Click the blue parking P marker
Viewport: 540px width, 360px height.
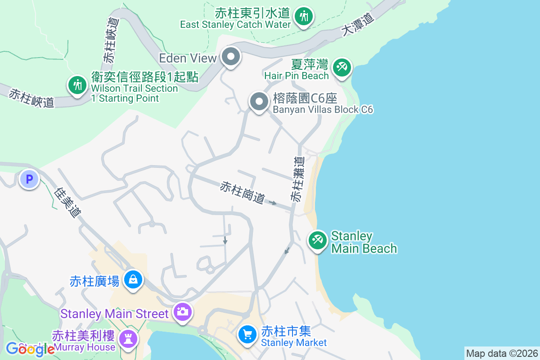click(29, 180)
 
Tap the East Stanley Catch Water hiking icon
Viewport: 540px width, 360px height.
click(304, 17)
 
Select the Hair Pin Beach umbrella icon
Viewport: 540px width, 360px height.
click(342, 68)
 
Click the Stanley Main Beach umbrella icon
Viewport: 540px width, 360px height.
click(318, 240)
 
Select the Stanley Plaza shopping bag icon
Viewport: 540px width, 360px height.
click(133, 279)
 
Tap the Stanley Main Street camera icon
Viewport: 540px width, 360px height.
click(183, 311)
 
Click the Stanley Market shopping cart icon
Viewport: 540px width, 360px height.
click(247, 334)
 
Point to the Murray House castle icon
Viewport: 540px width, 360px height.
click(128, 338)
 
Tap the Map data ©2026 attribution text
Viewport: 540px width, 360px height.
click(501, 353)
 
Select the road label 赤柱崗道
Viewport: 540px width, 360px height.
click(242, 193)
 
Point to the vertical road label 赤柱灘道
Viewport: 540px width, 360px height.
click(297, 179)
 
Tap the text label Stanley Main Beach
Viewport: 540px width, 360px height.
click(364, 242)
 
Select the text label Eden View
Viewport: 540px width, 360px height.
click(188, 58)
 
